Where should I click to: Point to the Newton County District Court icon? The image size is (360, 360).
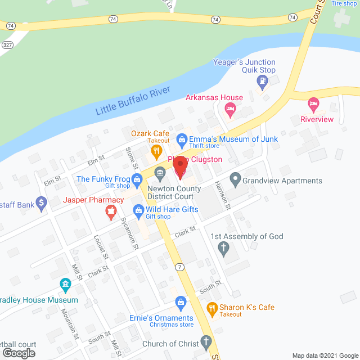click(160, 172)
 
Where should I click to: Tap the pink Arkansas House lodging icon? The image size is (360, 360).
click(229, 109)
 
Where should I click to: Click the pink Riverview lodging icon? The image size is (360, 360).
click(313, 104)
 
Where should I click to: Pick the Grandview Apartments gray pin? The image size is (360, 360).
click(235, 181)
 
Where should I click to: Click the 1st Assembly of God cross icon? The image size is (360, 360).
click(223, 248)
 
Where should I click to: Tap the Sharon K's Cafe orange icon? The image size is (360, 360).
click(212, 308)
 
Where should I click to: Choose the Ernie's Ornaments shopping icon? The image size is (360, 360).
click(181, 303)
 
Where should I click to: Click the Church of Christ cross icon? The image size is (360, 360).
click(206, 342)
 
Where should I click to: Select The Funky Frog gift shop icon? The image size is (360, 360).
click(137, 179)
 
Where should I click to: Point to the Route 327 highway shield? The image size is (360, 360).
click(7, 43)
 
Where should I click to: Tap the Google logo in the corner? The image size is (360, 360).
click(18, 353)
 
